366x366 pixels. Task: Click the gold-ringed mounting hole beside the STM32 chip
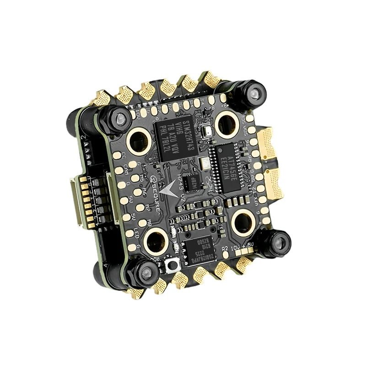point(139,140)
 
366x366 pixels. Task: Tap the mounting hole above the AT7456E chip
point(226,123)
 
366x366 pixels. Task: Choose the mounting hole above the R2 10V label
point(242,222)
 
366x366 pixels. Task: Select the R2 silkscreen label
point(224,250)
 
